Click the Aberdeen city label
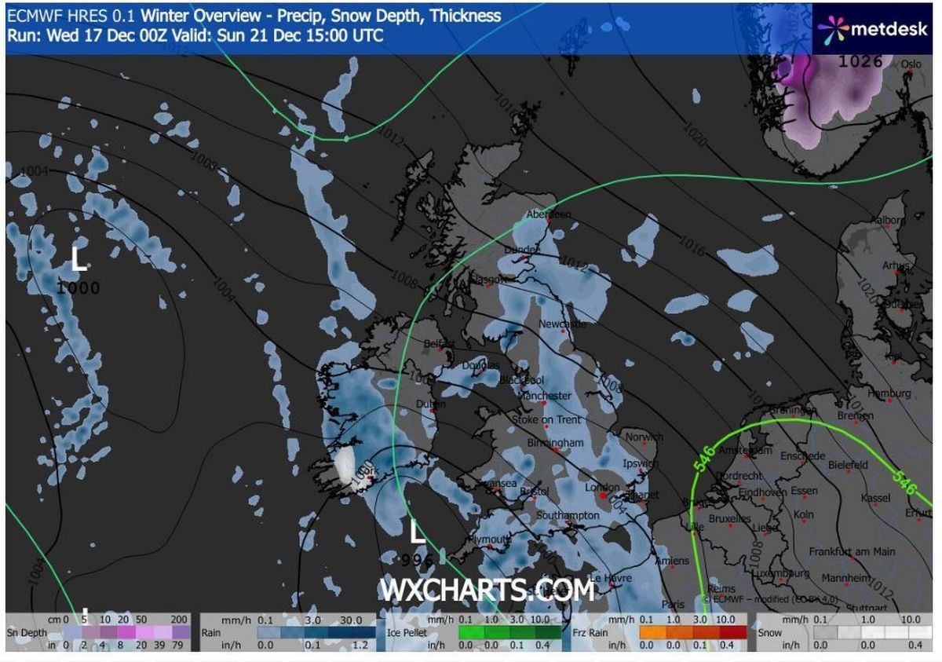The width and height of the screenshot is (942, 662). point(549,214)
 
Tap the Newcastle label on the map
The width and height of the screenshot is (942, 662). point(563,324)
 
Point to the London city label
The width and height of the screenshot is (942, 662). point(602,488)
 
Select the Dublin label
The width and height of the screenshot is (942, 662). point(431,404)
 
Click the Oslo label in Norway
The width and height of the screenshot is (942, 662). point(911,64)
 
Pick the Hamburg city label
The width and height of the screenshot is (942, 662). point(890,393)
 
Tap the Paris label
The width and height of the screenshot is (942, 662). point(673,605)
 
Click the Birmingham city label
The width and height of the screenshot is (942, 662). point(556,443)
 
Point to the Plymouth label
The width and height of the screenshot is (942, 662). point(489,540)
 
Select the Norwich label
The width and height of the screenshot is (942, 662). point(644,437)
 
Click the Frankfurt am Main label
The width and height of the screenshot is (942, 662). point(852,552)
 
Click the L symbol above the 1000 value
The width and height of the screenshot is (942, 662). point(78,259)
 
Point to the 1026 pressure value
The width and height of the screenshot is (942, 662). point(861,61)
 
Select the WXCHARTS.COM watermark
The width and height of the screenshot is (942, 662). point(487,589)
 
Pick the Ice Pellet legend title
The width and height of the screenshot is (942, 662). point(406,631)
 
